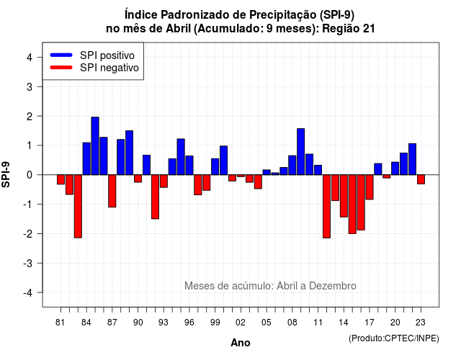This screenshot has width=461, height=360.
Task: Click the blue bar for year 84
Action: (86, 158)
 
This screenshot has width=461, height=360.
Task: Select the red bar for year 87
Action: (112, 191)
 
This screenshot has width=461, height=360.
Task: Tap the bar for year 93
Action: (164, 181)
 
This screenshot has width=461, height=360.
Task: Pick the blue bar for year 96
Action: (189, 166)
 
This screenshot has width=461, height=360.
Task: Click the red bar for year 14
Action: (344, 196)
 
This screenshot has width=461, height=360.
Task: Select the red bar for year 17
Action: (370, 187)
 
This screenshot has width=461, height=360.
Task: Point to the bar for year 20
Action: (395, 168)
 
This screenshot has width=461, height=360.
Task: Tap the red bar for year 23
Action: (421, 179)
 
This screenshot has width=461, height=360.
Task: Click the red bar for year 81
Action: (61, 179)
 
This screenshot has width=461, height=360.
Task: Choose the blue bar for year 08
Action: (292, 165)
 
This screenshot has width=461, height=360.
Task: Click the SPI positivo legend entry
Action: (92, 55)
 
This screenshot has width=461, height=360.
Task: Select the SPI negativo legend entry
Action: (94, 68)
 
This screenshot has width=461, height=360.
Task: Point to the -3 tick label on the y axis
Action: (28, 264)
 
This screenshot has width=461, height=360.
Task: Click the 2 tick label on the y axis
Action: (30, 117)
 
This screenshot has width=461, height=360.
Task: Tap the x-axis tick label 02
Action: (241, 323)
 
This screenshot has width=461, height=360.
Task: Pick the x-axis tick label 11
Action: (318, 323)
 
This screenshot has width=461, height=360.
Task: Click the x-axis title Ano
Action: (241, 343)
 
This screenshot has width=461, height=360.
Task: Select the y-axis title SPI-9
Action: (6, 174)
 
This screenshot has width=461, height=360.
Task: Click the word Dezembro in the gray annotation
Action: (333, 286)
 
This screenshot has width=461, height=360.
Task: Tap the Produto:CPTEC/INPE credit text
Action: (394, 338)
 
